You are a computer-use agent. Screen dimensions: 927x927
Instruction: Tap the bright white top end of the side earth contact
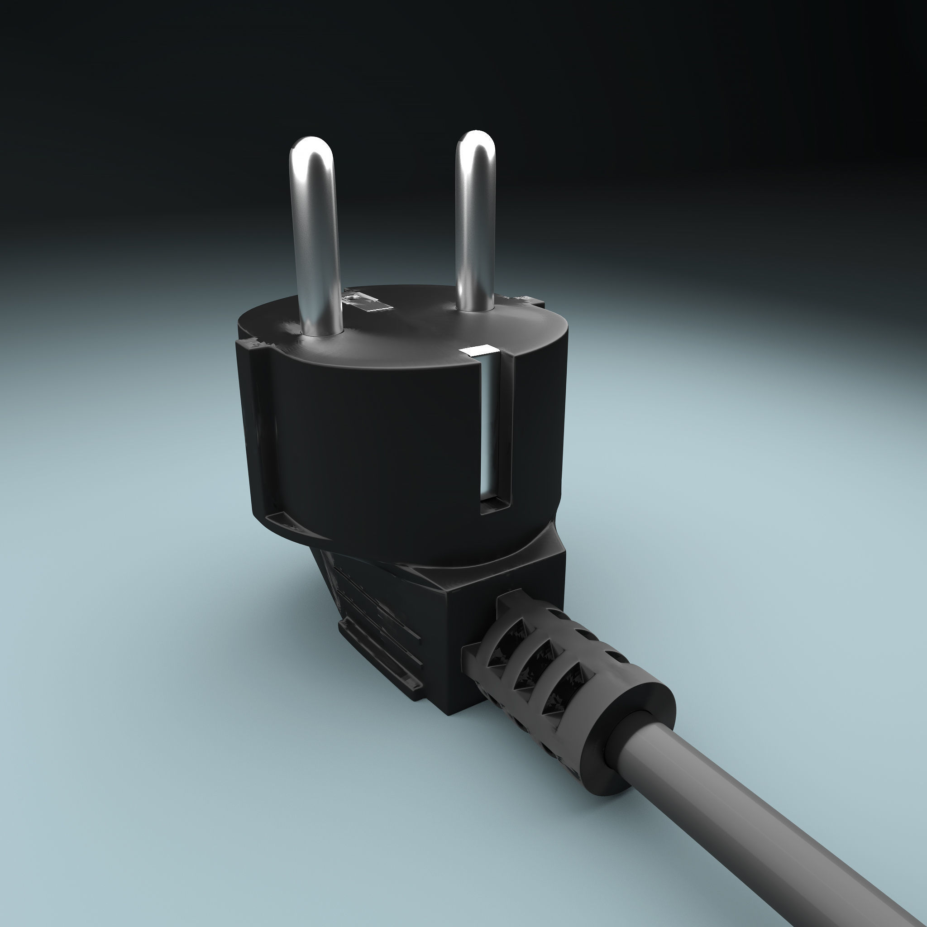pos(478,351)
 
